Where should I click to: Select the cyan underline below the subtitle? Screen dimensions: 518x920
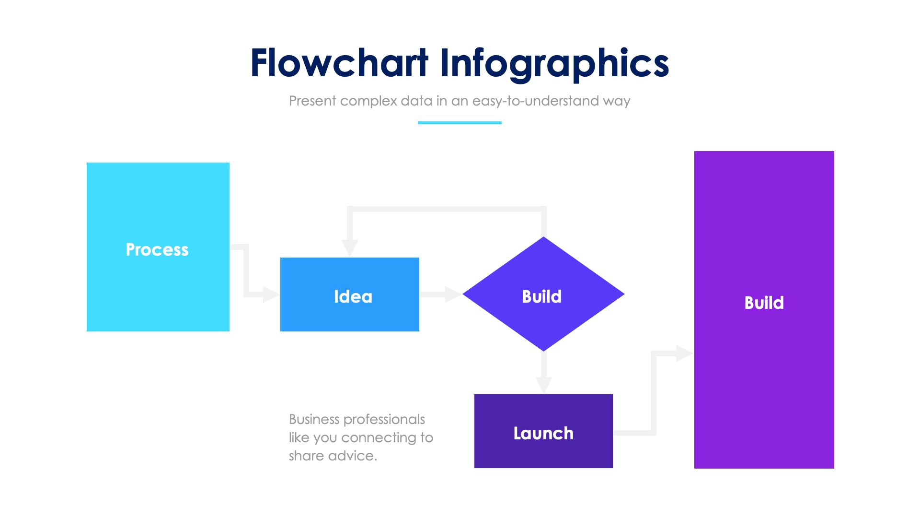coord(460,123)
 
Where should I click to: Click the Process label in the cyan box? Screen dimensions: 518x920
coord(157,249)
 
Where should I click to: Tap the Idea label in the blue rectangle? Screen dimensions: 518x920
coord(353,296)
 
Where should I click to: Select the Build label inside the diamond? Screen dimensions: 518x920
coord(541,296)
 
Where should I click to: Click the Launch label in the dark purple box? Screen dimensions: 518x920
coord(543,433)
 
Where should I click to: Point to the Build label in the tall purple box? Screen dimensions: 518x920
coord(764,303)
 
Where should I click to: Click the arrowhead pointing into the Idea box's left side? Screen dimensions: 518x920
coord(270,294)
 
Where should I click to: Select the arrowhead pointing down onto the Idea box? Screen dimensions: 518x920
coord(350,247)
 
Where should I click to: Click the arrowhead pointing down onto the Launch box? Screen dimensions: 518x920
coord(543,385)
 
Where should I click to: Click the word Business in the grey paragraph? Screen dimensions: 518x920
coord(314,419)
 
